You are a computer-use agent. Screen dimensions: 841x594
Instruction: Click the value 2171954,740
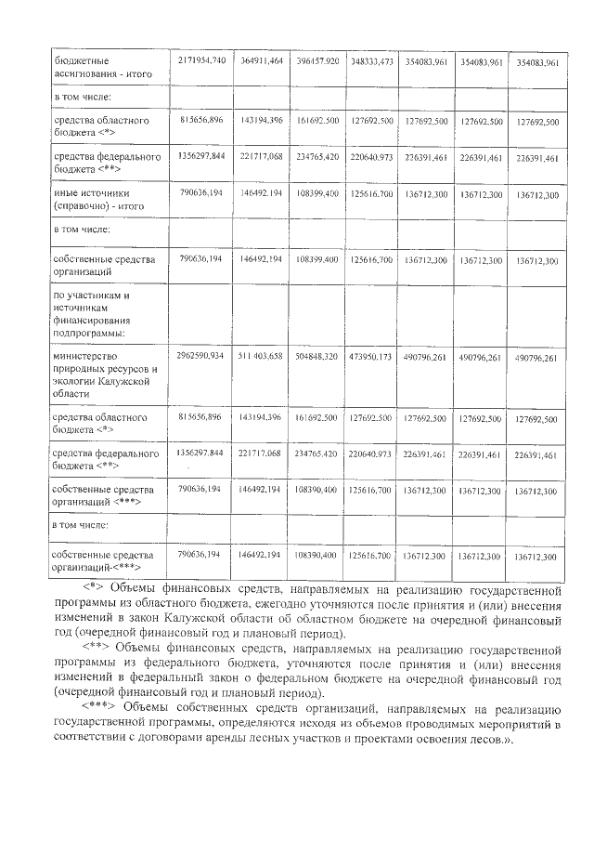coord(200,60)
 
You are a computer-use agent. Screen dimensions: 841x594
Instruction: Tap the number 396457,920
coord(316,61)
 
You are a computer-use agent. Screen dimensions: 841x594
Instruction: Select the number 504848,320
coord(316,357)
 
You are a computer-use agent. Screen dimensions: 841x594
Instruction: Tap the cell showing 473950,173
coord(371,358)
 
